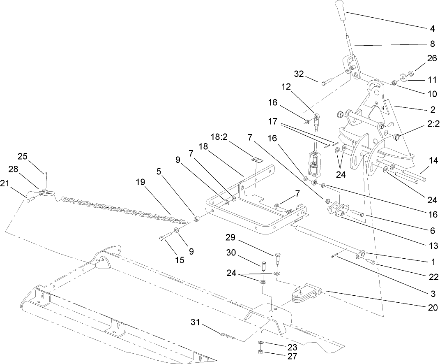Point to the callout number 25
(x=23, y=156)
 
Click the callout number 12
(x=286, y=87)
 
